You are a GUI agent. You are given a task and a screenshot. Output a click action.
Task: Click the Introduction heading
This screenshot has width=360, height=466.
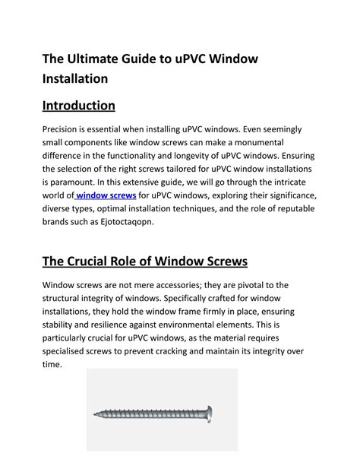point(78,105)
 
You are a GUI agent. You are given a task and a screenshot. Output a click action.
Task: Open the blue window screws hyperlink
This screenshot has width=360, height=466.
point(107,195)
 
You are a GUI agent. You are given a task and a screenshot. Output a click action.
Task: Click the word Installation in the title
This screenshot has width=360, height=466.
point(75,78)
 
